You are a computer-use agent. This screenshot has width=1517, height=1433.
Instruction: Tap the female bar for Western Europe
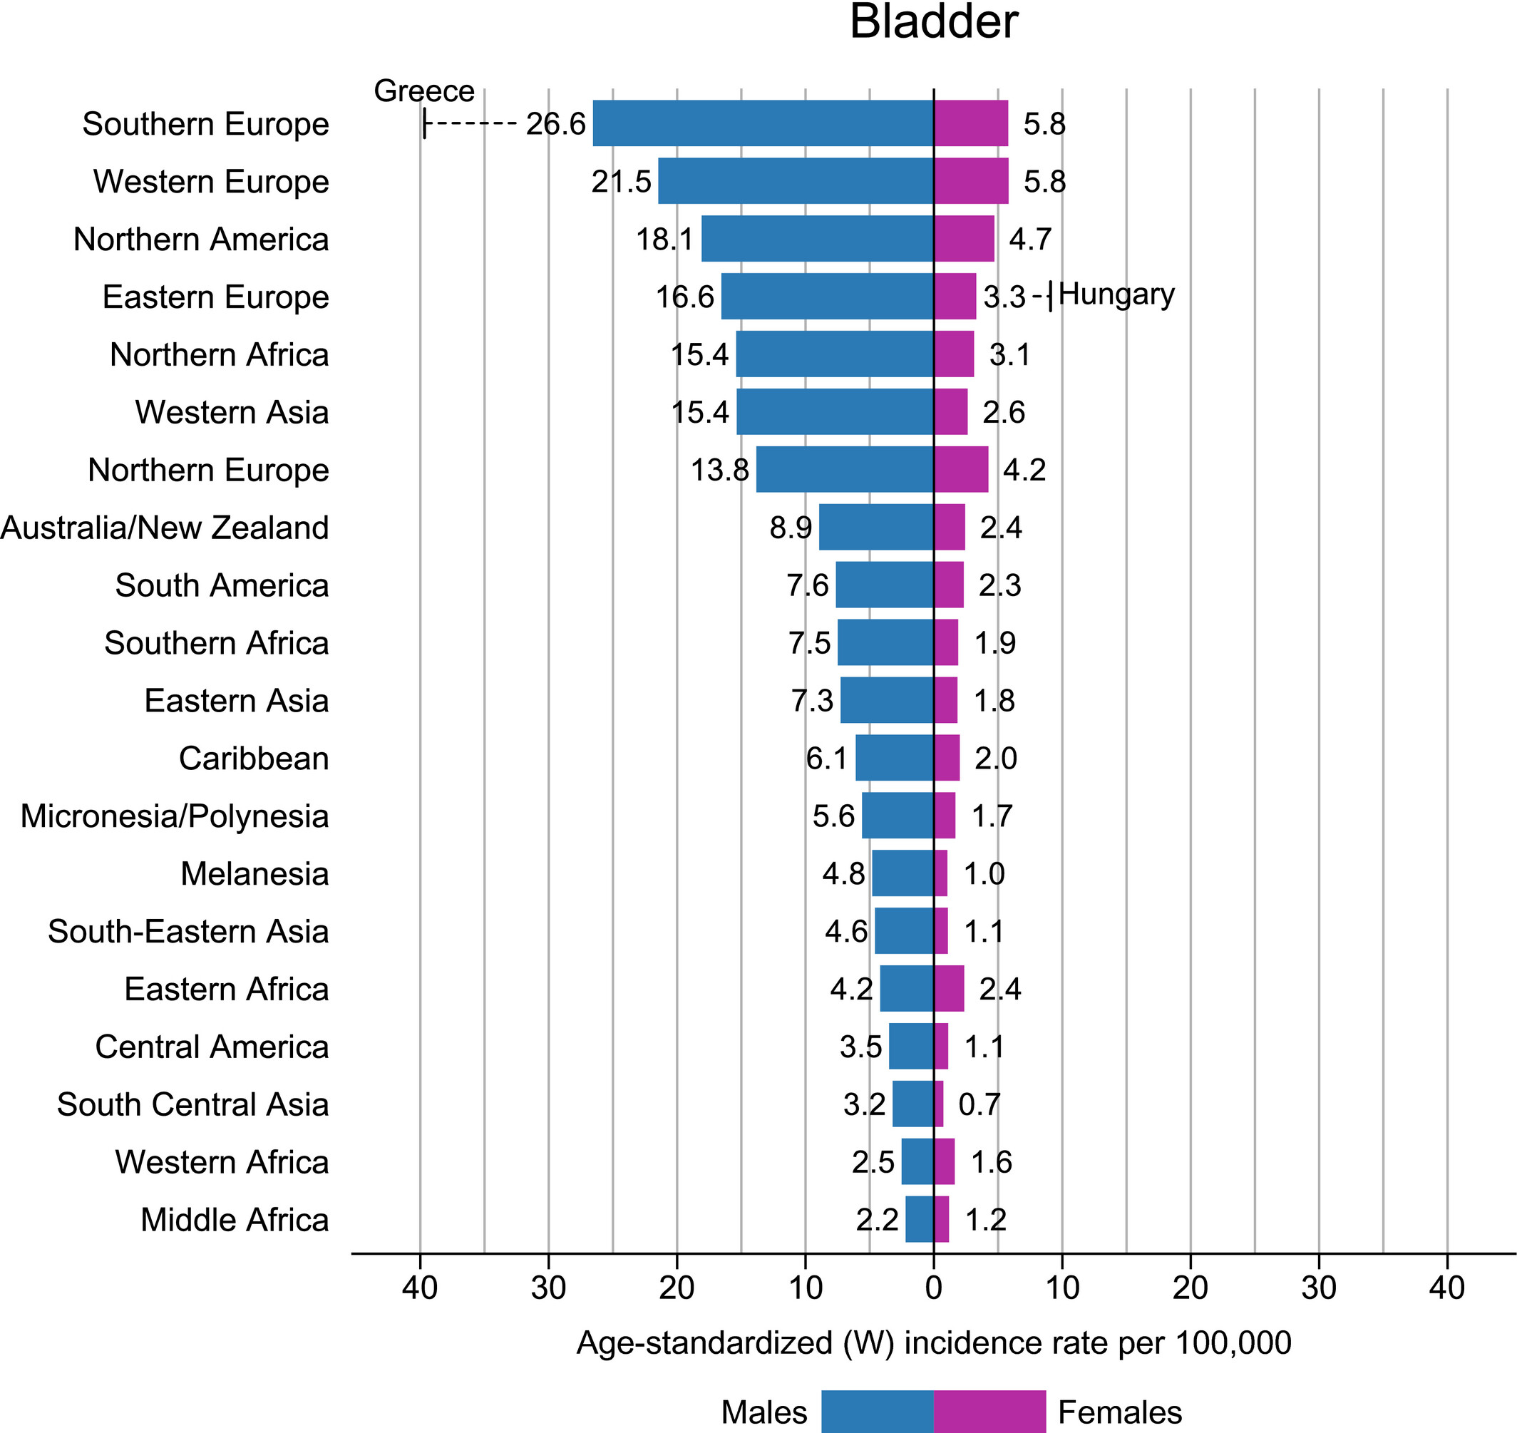tap(971, 181)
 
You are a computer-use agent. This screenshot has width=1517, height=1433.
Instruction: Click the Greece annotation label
tap(424, 91)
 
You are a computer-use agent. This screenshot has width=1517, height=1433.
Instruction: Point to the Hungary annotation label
tap(1116, 294)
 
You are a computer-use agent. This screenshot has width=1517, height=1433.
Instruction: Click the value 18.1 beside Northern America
tap(664, 239)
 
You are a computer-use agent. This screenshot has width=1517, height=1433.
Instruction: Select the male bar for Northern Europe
tap(844, 470)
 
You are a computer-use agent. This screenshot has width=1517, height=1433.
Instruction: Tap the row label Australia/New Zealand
tap(165, 528)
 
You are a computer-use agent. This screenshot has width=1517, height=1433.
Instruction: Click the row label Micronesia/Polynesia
tap(175, 816)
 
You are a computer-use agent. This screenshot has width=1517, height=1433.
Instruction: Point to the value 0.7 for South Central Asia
tap(979, 1104)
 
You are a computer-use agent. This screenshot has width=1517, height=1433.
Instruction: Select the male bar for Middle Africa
tap(919, 1220)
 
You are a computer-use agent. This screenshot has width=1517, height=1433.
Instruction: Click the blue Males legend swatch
tap(877, 1411)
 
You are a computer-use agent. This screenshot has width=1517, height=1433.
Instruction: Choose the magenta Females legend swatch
tap(989, 1411)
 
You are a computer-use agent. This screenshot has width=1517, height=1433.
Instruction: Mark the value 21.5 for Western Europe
tap(621, 182)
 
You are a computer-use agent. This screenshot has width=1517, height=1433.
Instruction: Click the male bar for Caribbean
tap(894, 758)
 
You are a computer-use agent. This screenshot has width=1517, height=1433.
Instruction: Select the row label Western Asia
tap(232, 413)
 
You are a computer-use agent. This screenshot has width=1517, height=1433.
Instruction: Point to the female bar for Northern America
tap(964, 238)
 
